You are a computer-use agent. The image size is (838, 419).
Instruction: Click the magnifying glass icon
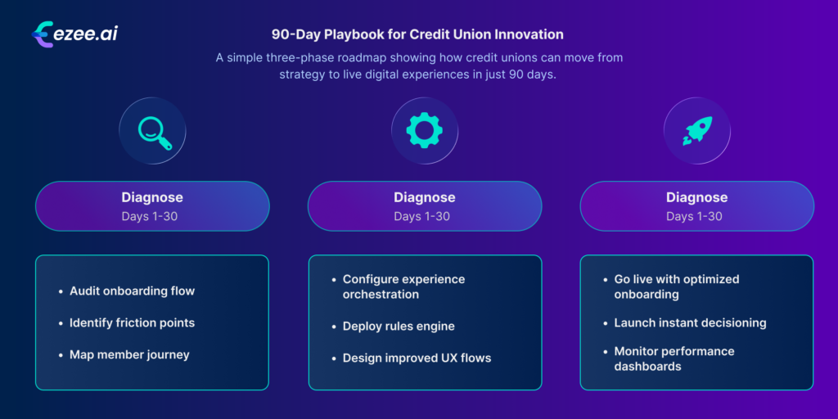point(153,131)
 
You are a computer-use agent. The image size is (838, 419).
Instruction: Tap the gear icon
point(424,131)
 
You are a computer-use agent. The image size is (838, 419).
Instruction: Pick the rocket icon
point(696,131)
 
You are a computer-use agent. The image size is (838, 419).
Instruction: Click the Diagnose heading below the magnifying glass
point(152,197)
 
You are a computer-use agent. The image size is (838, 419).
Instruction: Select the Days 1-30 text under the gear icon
point(424,216)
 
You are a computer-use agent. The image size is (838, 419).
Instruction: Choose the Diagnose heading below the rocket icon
point(696,197)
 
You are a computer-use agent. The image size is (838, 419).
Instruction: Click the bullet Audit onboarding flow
point(132,291)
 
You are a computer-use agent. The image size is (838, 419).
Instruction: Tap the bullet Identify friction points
point(132,322)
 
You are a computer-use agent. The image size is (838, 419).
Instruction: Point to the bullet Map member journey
point(129,354)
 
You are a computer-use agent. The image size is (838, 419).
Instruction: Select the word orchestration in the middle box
point(381,295)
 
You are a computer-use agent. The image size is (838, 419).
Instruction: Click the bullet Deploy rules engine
point(398,327)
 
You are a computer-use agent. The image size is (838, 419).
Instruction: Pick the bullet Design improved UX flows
point(417,358)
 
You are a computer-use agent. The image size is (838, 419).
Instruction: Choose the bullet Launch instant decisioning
point(690,322)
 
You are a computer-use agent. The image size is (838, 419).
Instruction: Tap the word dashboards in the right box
point(647,367)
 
